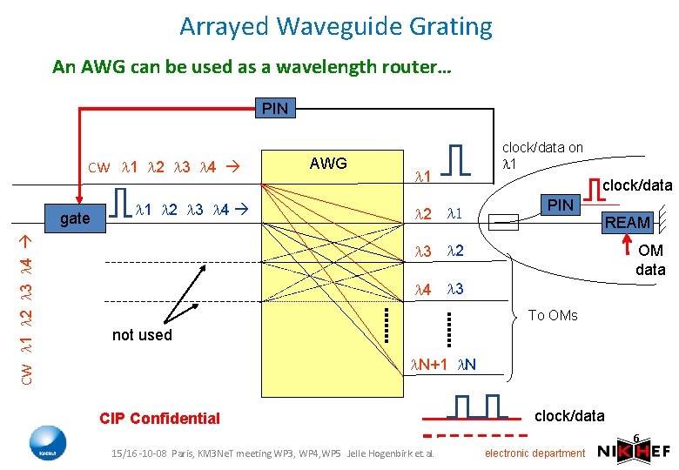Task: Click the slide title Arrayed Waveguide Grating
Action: (x=336, y=27)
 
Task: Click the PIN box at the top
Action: (x=275, y=109)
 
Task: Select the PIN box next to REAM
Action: (x=559, y=205)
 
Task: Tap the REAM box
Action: (x=627, y=223)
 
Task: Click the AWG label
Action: (x=328, y=164)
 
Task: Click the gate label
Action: (x=74, y=218)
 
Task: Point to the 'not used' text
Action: (x=142, y=335)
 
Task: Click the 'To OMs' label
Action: (x=553, y=315)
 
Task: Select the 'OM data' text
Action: (x=650, y=260)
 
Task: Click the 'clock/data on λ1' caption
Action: (x=542, y=156)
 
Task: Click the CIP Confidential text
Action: (x=159, y=418)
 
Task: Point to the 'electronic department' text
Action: (x=534, y=453)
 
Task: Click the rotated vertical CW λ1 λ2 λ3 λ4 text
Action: (x=28, y=309)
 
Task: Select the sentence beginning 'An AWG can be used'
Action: (x=252, y=66)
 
